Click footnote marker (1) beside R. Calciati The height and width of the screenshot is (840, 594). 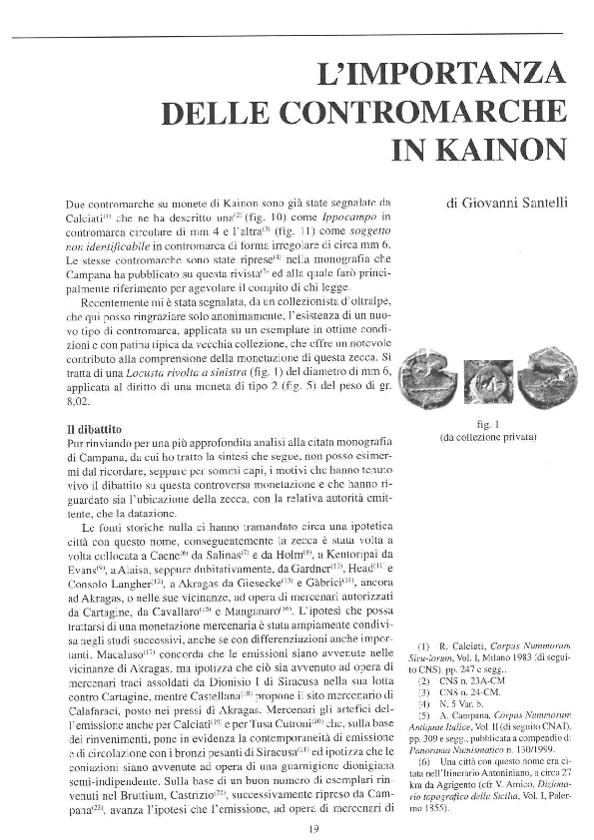[x=423, y=645]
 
